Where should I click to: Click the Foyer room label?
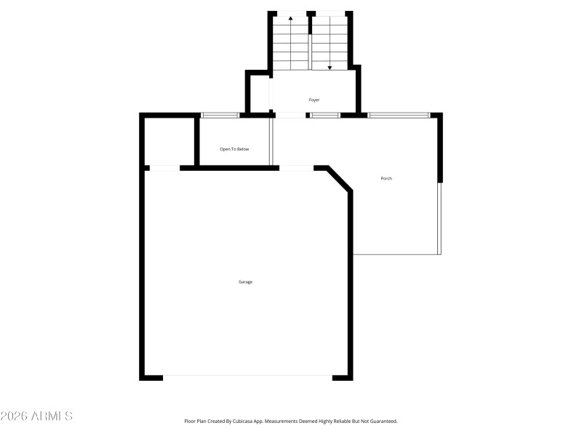pyautogui.click(x=314, y=100)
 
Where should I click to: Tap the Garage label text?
pyautogui.click(x=246, y=282)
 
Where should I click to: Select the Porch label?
pyautogui.click(x=386, y=179)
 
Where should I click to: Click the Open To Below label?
pyautogui.click(x=234, y=150)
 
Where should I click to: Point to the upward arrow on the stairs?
pyautogui.click(x=291, y=19)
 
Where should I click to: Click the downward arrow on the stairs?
pyautogui.click(x=330, y=67)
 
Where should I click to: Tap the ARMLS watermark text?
pyautogui.click(x=36, y=416)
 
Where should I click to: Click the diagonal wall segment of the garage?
pyautogui.click(x=340, y=179)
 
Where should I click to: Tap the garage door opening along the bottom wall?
pyautogui.click(x=247, y=376)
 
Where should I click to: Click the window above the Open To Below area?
pyautogui.click(x=220, y=115)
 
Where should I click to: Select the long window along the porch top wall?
pyautogui.click(x=398, y=115)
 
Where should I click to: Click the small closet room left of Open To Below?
pyautogui.click(x=169, y=141)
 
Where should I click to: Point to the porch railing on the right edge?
pyautogui.click(x=439, y=218)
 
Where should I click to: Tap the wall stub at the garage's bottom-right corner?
pyautogui.click(x=342, y=377)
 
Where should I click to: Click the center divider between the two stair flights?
pyautogui.click(x=310, y=42)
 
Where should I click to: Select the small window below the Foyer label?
pyautogui.click(x=325, y=115)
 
